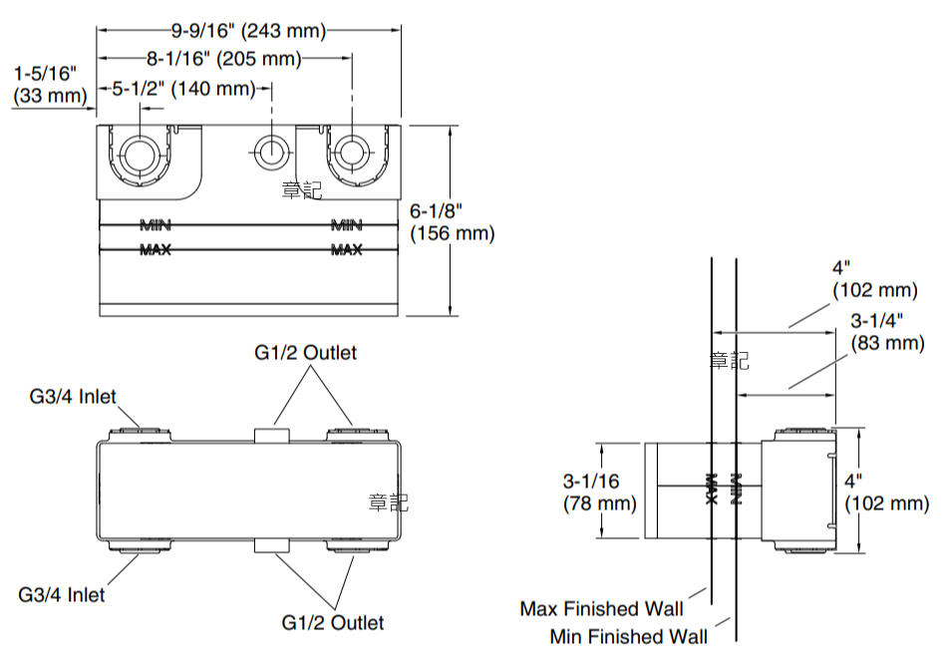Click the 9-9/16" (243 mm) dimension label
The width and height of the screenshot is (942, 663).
coord(249,30)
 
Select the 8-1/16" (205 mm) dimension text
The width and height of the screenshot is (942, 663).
coord(223,59)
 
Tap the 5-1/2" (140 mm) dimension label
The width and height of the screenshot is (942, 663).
coord(183,89)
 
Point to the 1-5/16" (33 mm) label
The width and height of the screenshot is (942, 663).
coord(47,84)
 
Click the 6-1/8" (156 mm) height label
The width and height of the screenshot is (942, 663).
coord(452,221)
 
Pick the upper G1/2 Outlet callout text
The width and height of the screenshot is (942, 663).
coord(305,352)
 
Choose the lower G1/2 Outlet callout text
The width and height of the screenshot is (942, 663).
coord(332,622)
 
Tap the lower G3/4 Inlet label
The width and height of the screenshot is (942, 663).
coord(62,594)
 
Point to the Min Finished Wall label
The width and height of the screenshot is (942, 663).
coord(629,636)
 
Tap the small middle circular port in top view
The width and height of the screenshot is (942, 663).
coord(270,154)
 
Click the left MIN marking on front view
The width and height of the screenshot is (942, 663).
coord(156,223)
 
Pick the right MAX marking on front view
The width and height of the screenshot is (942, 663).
coord(347,249)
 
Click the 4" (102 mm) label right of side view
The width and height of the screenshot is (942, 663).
coord(886,492)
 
